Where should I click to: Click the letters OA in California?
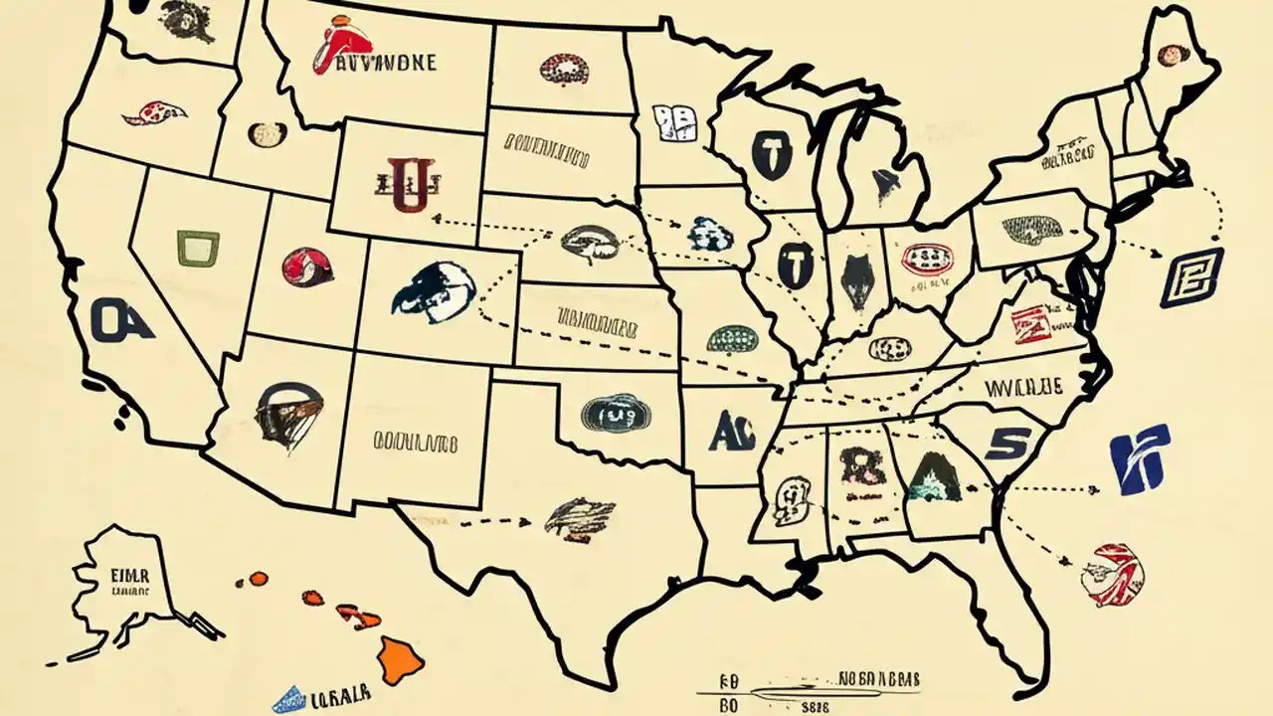pos(121,320)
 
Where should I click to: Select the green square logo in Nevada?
pos(198,248)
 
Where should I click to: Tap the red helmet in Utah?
pos(307,267)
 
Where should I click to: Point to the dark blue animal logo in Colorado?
pos(434,289)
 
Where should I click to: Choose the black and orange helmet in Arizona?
pos(288,415)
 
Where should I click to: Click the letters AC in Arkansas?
pos(734,431)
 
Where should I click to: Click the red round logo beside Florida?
pos(1116,575)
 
